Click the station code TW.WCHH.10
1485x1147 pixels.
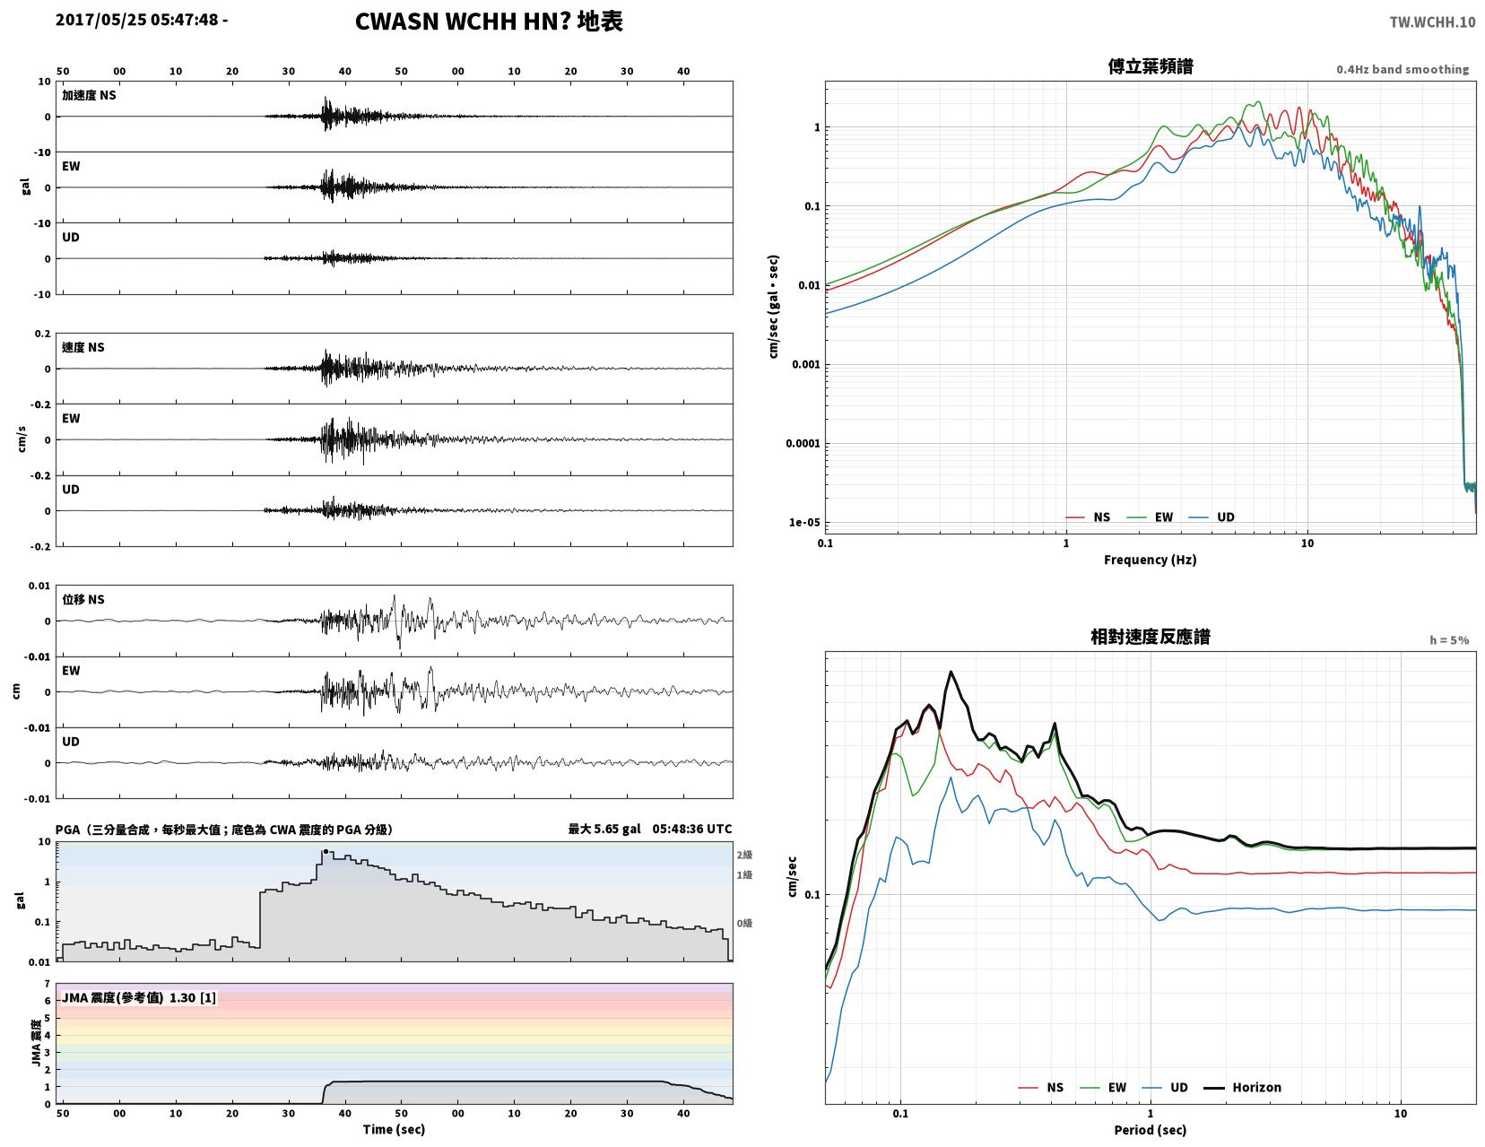pyautogui.click(x=1432, y=22)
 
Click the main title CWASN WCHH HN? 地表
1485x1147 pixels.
pyautogui.click(x=489, y=22)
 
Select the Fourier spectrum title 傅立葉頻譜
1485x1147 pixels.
pyautogui.click(x=1150, y=66)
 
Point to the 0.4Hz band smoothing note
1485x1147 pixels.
pyautogui.click(x=1402, y=69)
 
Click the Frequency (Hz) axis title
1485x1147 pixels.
pyautogui.click(x=1150, y=560)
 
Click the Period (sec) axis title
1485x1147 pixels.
pyautogui.click(x=1150, y=1130)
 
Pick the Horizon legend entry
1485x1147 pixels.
pyautogui.click(x=1242, y=1088)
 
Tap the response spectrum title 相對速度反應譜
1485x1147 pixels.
pyautogui.click(x=1150, y=637)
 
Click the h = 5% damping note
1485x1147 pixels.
pyautogui.click(x=1449, y=640)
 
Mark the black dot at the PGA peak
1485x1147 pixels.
pyautogui.click(x=326, y=851)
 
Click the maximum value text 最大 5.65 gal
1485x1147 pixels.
pyautogui.click(x=604, y=829)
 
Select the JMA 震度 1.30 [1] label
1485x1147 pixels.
pyautogui.click(x=139, y=998)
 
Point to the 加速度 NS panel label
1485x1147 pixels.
pyautogui.click(x=89, y=95)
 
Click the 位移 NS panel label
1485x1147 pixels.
pyautogui.click(x=83, y=599)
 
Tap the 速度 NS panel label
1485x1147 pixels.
pyautogui.click(x=83, y=347)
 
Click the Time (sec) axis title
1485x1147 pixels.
pyautogui.click(x=394, y=1129)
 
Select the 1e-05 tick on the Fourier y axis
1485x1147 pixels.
pyautogui.click(x=803, y=523)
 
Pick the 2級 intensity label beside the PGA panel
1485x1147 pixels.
pyautogui.click(x=744, y=855)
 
